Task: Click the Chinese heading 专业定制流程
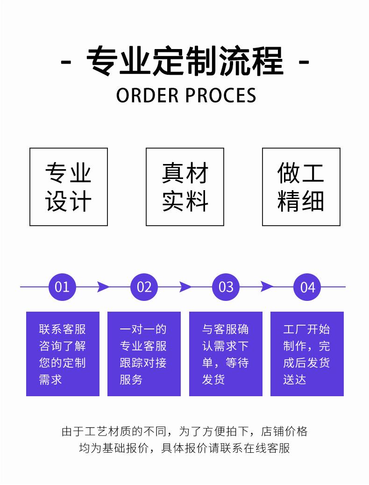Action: click(x=185, y=61)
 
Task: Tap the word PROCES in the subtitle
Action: click(x=220, y=95)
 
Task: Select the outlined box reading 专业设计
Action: click(x=69, y=187)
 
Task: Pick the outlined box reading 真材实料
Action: click(x=185, y=187)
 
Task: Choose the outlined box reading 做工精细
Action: click(x=301, y=187)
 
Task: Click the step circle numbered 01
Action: click(x=62, y=286)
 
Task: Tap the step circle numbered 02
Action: click(x=144, y=286)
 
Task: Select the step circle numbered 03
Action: click(x=226, y=286)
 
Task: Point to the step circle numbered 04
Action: click(x=307, y=286)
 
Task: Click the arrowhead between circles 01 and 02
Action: click(x=103, y=286)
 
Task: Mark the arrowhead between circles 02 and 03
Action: click(x=185, y=286)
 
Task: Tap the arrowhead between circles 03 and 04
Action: click(x=267, y=286)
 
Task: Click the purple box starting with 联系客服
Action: click(x=63, y=354)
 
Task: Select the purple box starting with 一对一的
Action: click(x=144, y=354)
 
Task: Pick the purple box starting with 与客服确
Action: click(x=226, y=354)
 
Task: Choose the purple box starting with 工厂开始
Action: click(x=307, y=354)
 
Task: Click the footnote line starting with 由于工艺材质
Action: click(x=184, y=431)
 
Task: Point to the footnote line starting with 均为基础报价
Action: click(x=184, y=448)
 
